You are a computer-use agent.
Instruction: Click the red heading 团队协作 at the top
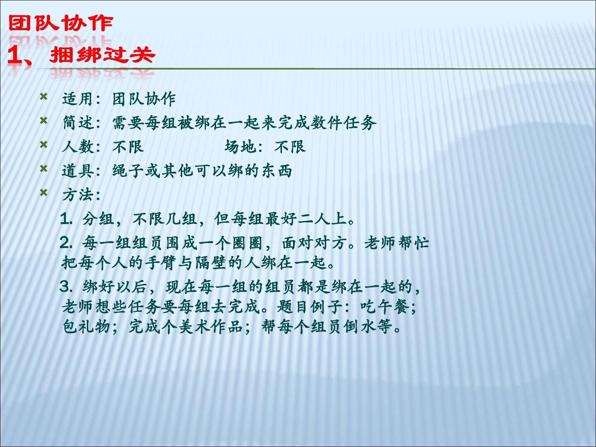coord(60,23)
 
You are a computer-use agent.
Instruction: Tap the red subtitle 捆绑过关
coord(102,55)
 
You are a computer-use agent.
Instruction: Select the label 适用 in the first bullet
coord(77,99)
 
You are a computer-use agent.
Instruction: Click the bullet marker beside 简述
coord(43,120)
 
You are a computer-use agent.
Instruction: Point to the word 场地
coord(240,147)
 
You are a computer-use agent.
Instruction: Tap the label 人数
coord(78,147)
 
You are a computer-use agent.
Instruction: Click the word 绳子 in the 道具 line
coord(128,171)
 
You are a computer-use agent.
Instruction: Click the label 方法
coord(78,195)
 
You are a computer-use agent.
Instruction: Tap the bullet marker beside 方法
coord(43,193)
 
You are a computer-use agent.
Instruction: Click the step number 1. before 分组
coord(66,219)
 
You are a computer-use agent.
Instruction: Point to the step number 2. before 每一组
coord(66,243)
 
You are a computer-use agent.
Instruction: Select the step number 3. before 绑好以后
coord(66,287)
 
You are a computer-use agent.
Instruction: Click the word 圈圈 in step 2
coord(247,243)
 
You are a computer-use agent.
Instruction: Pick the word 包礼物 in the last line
coord(87,327)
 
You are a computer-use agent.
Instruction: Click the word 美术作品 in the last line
coord(211,327)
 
